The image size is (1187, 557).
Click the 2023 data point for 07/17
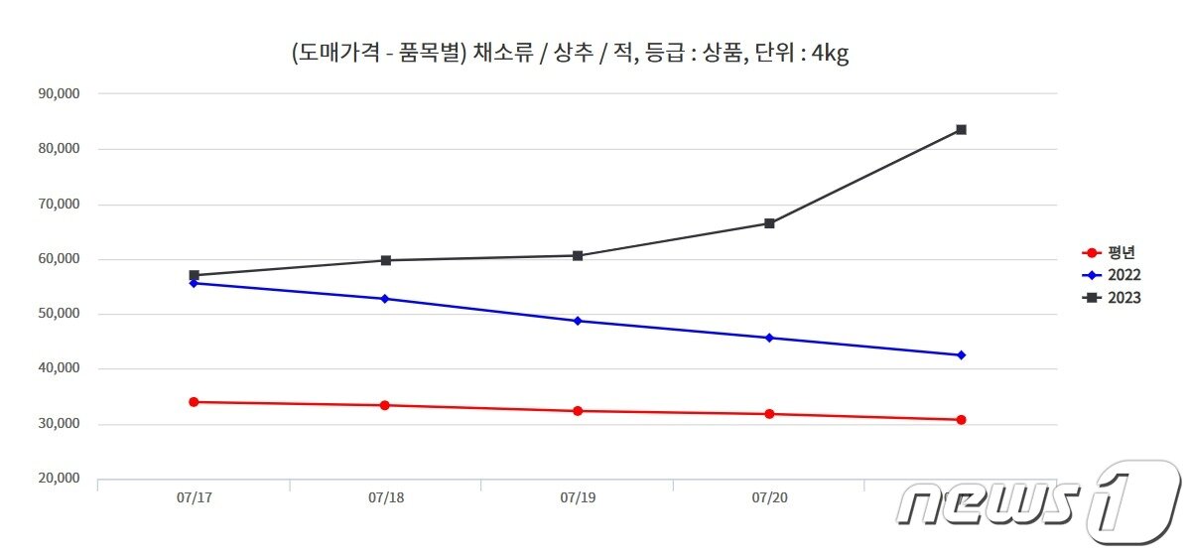point(194,275)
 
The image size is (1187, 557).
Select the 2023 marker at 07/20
point(769,223)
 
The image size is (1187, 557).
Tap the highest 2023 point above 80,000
point(961,130)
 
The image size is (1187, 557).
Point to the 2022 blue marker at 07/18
point(385,299)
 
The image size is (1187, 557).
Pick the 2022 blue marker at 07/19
point(578,321)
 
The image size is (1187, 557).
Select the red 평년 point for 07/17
point(194,402)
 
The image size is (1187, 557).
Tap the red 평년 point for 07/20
point(769,414)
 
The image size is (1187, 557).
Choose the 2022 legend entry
point(1112,275)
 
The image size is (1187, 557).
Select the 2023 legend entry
point(1112,298)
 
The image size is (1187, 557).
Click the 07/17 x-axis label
point(194,496)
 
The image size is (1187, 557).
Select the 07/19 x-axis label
point(578,496)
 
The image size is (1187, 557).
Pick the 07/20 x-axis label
point(769,496)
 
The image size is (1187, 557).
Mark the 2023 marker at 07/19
point(578,256)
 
